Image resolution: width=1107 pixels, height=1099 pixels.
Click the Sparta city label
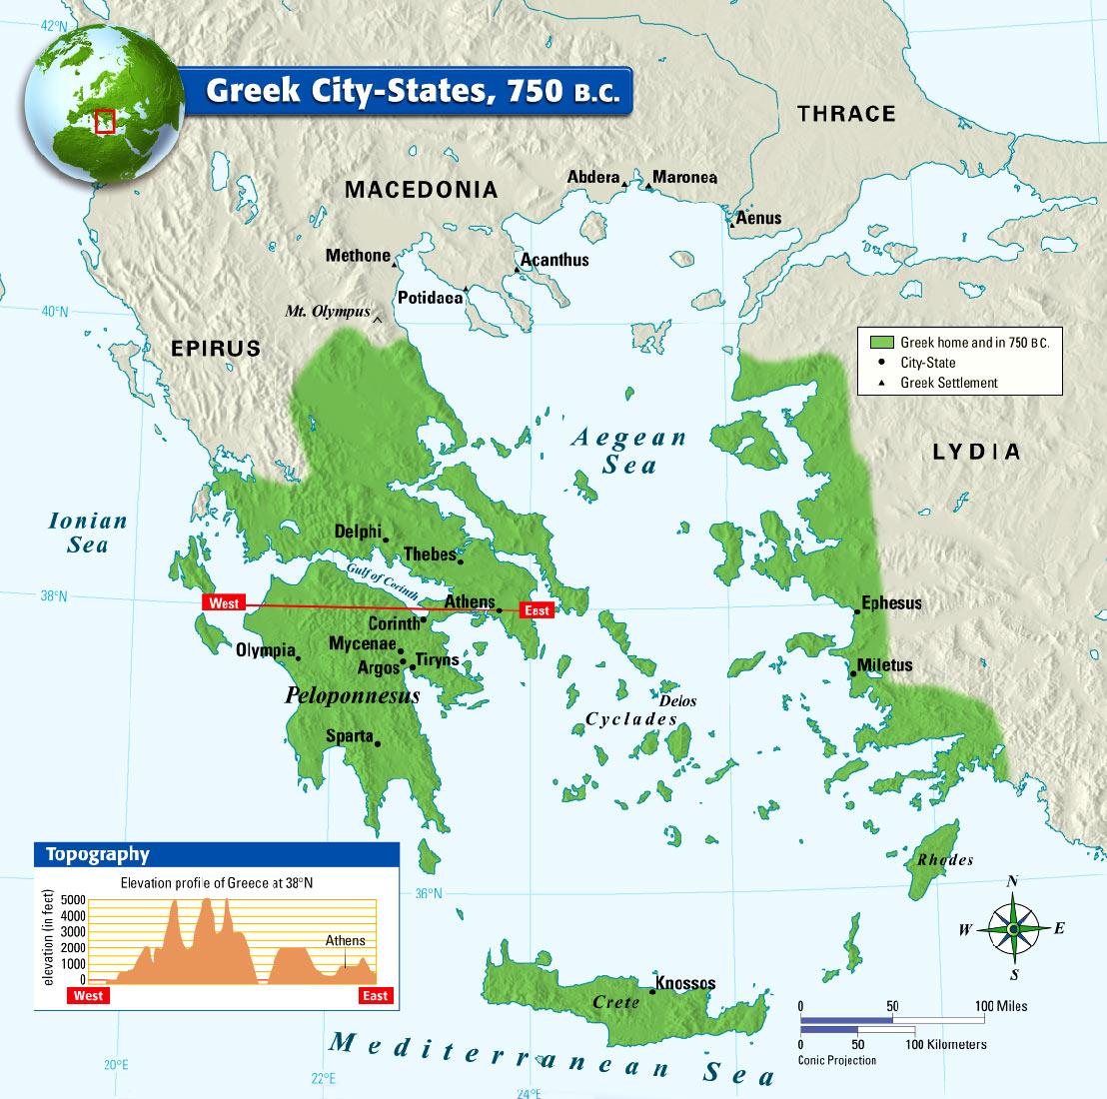point(348,737)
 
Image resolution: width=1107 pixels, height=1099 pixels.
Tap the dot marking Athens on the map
point(500,609)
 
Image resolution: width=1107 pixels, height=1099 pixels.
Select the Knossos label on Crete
point(685,983)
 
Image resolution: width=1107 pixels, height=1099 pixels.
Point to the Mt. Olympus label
point(327,312)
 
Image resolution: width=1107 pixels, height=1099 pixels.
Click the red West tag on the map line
point(224,603)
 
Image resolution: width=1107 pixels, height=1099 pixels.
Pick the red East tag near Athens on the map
point(537,609)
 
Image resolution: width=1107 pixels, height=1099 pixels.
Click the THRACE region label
point(846,114)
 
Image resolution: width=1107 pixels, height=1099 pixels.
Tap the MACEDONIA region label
point(421,189)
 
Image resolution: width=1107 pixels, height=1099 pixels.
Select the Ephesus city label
point(891,603)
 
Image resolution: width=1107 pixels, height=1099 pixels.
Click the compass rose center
point(1013,929)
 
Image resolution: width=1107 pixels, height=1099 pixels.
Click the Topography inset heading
point(97,854)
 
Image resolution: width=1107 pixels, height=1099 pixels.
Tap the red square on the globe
point(105,122)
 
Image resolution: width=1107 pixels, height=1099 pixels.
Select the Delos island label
point(677,701)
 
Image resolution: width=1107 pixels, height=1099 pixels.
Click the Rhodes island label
point(944,860)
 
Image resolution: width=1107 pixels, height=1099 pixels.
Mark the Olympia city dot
point(299,657)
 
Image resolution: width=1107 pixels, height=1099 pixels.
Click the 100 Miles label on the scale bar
point(1002,1006)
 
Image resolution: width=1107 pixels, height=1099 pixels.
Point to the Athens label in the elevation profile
point(345,941)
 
